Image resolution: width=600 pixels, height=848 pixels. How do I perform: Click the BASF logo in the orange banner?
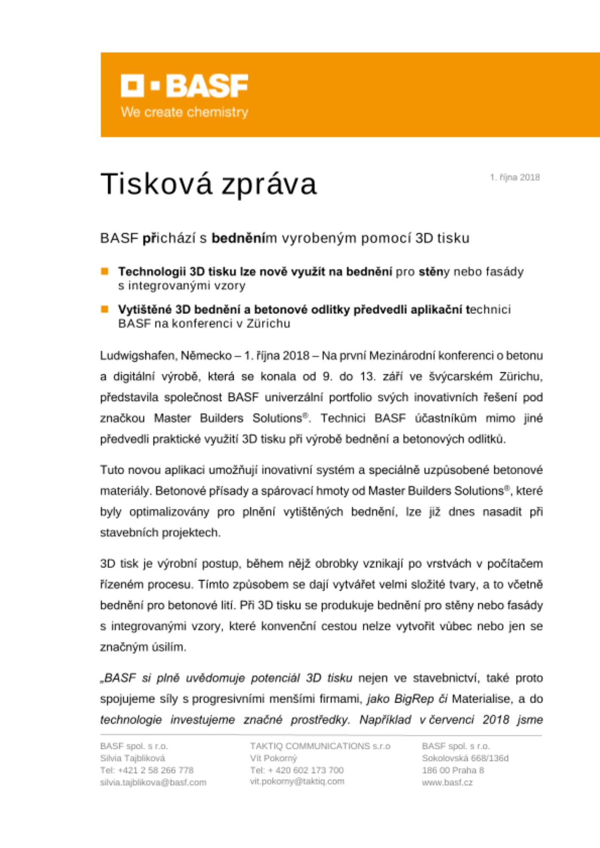184,86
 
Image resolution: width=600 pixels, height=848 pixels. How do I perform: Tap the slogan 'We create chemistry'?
184,112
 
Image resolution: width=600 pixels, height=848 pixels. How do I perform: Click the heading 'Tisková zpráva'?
208,184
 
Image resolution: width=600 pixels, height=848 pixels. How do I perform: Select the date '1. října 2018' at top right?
515,177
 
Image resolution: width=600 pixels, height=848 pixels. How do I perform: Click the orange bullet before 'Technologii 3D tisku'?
104,271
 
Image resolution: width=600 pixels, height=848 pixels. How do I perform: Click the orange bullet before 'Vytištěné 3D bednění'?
104,309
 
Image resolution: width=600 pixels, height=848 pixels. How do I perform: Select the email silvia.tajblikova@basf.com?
153,782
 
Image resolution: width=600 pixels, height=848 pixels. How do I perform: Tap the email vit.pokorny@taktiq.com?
297,781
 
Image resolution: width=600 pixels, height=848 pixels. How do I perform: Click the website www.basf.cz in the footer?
447,782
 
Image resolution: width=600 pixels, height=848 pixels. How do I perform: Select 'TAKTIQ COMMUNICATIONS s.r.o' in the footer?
320,746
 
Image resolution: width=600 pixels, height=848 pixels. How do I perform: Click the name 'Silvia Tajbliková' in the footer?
132,758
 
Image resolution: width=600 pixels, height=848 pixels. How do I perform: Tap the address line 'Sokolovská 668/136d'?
465,758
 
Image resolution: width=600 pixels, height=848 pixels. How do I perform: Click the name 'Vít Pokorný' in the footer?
273,758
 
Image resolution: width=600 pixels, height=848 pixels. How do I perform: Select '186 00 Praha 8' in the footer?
453,770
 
